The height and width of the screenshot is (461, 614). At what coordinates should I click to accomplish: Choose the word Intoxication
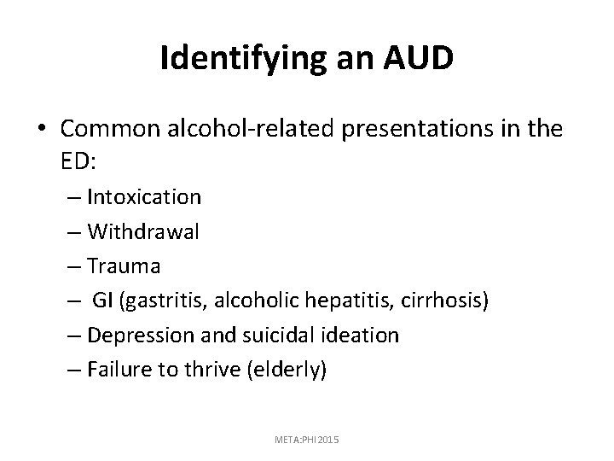(x=144, y=197)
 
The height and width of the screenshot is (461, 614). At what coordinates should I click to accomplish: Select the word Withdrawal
(x=142, y=231)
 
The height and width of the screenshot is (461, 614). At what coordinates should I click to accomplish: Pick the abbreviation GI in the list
(x=103, y=301)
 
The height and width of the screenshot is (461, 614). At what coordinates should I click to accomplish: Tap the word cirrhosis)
(x=445, y=301)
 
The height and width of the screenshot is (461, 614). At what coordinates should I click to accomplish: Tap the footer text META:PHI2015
(x=308, y=438)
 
